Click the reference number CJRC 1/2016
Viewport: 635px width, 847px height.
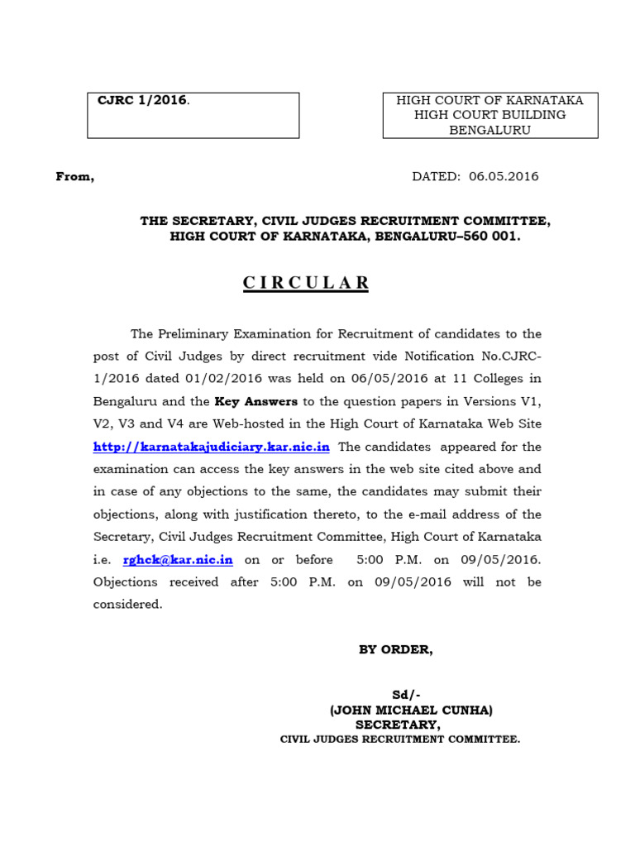142,101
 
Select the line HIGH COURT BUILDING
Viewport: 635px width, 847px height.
489,115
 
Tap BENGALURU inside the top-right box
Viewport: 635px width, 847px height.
489,130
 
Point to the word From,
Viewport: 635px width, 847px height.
74,176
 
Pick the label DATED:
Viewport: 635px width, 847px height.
436,176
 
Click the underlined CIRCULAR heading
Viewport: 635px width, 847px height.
306,283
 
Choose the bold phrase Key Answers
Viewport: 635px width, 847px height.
255,402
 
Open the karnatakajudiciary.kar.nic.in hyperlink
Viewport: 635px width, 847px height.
212,447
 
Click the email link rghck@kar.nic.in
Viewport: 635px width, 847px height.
178,560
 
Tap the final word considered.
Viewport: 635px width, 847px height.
127,605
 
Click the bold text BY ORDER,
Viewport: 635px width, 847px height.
395,649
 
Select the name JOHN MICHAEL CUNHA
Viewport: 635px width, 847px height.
411,710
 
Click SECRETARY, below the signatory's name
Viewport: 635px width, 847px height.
398,724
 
